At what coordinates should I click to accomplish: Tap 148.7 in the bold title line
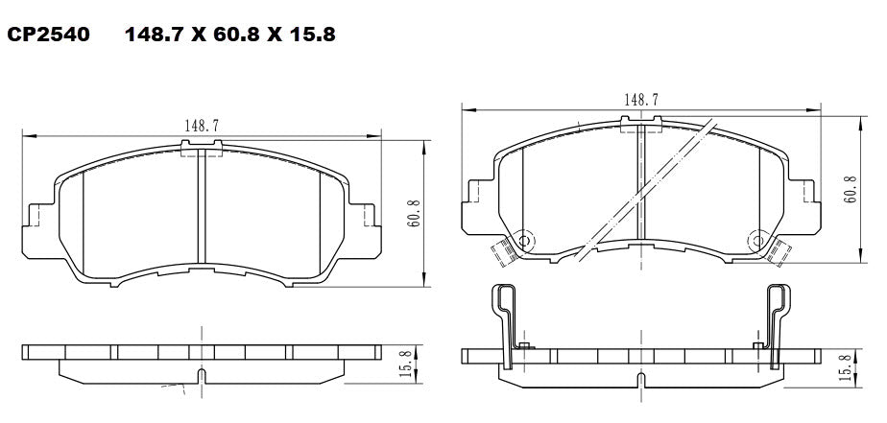[x=156, y=36]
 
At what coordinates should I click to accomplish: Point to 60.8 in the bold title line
[x=231, y=36]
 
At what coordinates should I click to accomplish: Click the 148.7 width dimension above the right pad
[x=641, y=99]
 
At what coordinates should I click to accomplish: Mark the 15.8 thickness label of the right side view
[x=845, y=369]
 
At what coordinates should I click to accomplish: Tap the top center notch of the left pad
[x=202, y=147]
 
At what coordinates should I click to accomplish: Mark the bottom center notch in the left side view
[x=201, y=373]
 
